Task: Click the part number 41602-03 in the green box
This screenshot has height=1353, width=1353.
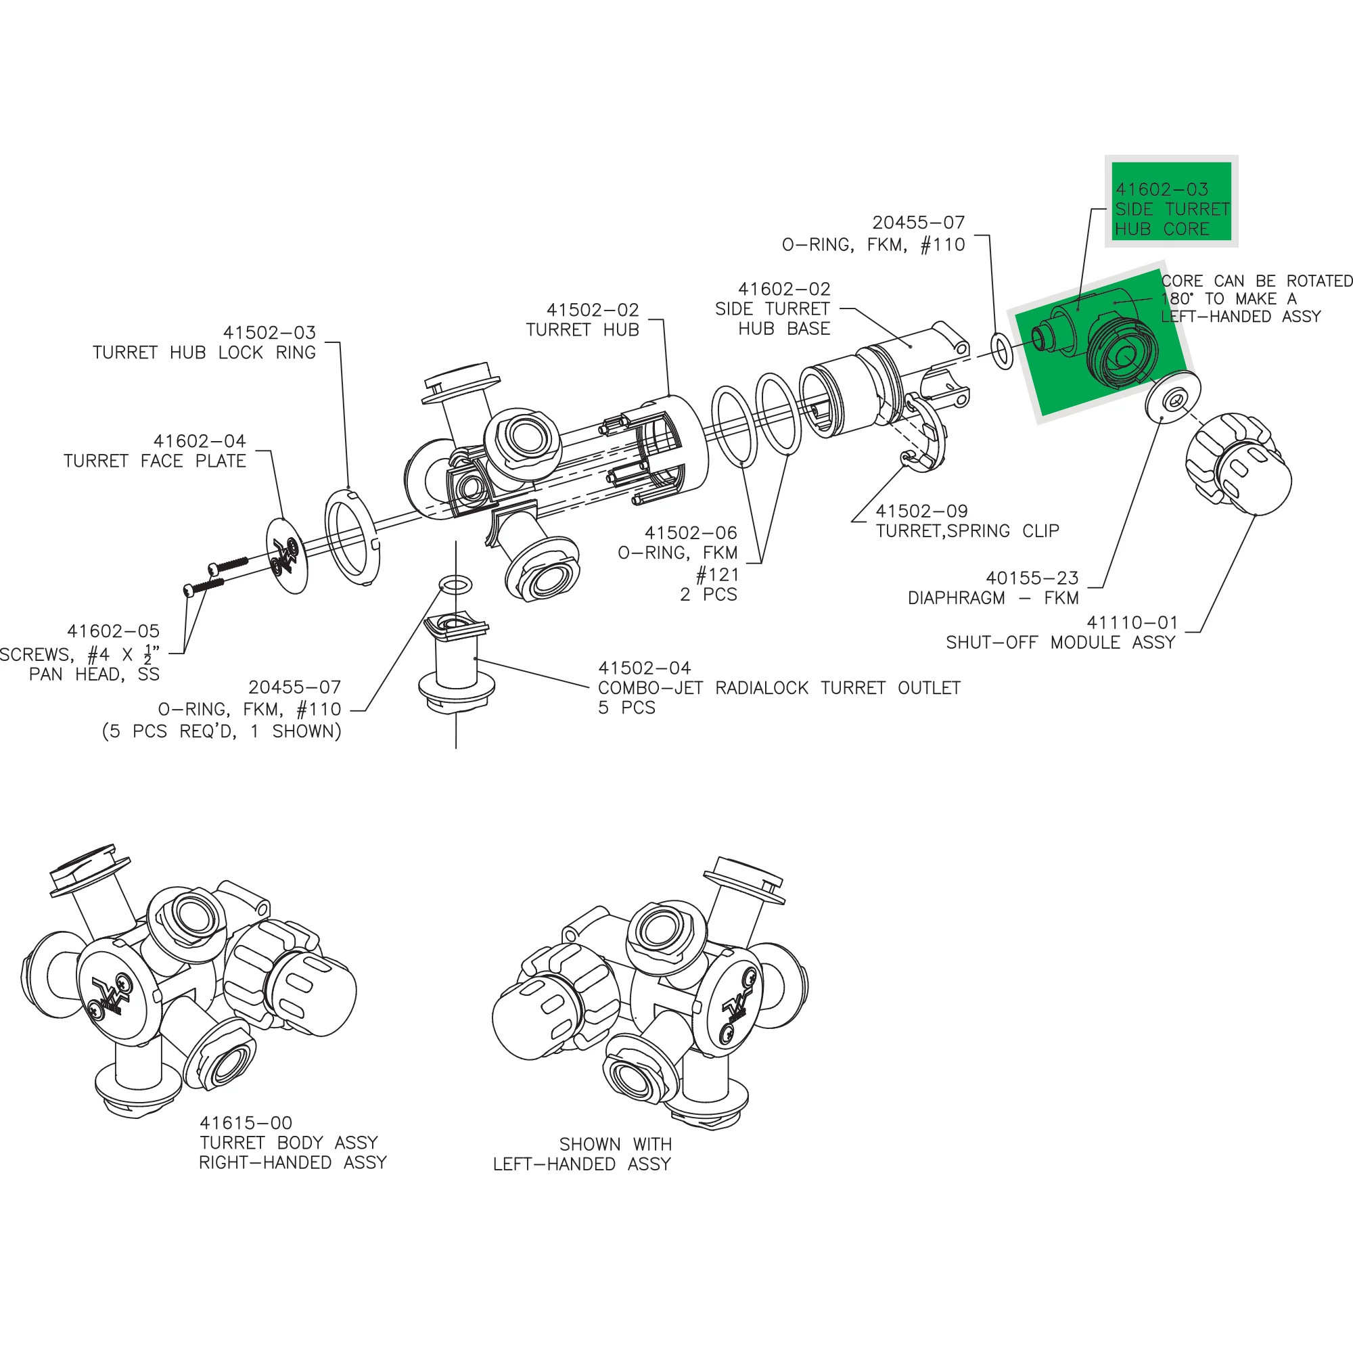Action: tap(1162, 189)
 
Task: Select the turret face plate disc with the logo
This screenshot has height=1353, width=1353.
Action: tap(287, 555)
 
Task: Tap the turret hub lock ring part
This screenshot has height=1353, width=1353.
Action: tap(352, 537)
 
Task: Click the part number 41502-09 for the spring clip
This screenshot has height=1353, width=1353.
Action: tap(921, 511)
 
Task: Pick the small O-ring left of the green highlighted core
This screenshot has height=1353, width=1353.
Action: tap(1002, 351)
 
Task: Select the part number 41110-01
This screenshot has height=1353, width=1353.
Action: tap(1132, 622)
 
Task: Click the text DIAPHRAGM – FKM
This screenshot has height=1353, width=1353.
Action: tap(992, 598)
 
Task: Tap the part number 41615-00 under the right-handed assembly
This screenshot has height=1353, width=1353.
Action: tap(246, 1122)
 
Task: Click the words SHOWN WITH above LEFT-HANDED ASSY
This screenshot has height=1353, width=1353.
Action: tap(615, 1145)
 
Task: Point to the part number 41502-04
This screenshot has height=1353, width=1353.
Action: tap(643, 668)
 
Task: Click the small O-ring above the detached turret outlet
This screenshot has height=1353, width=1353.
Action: tap(455, 584)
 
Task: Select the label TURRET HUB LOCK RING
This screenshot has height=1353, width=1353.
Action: tap(204, 352)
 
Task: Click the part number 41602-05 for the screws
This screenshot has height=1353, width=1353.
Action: tap(113, 631)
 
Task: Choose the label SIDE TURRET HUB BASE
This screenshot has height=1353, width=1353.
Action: tap(773, 319)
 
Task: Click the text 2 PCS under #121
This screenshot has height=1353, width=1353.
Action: tap(708, 595)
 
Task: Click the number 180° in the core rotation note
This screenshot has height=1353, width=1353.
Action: tap(1176, 299)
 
